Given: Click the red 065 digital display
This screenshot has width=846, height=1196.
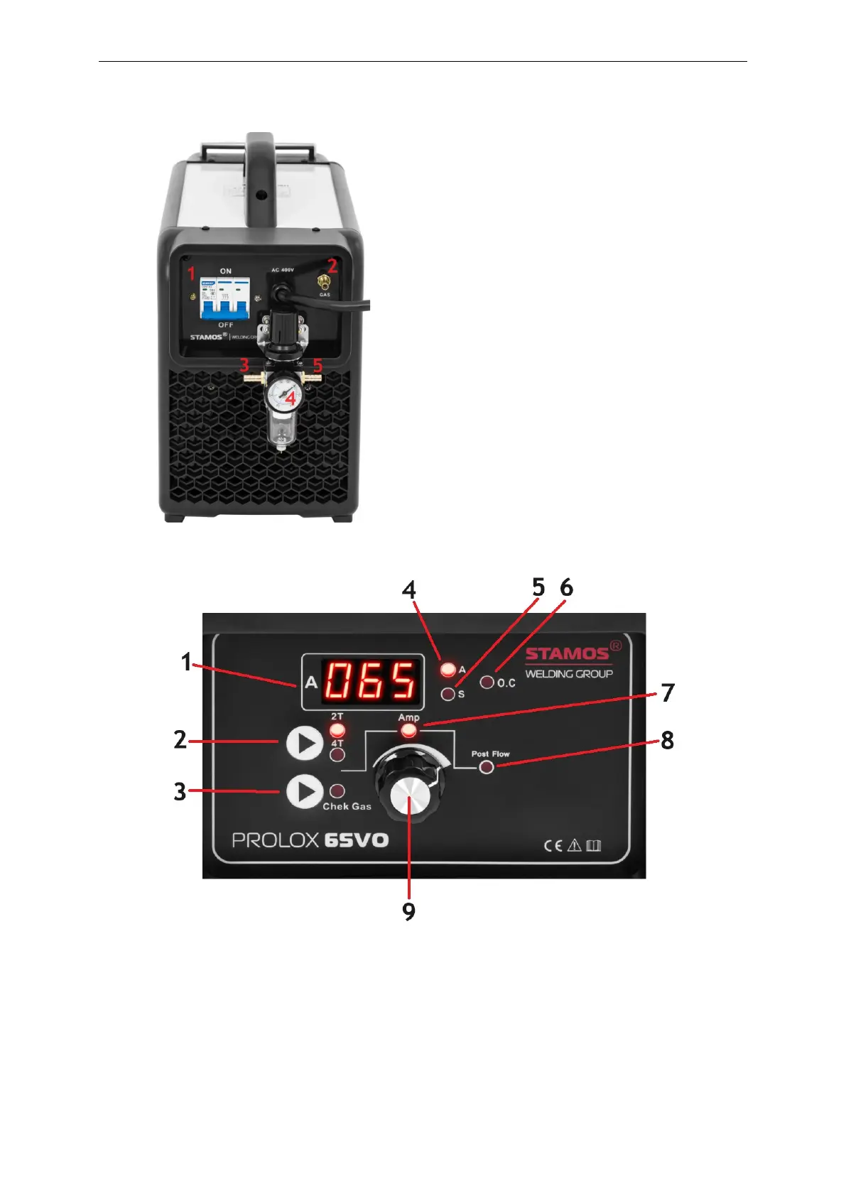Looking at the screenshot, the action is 369,680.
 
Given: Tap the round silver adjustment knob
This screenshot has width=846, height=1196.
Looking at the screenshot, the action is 411,795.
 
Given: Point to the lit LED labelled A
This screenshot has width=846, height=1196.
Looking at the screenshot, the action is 448,669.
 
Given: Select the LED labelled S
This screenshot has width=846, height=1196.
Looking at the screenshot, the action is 448,694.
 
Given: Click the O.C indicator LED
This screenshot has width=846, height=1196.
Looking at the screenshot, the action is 487,683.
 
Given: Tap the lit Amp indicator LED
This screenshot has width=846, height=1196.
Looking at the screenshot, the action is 408,732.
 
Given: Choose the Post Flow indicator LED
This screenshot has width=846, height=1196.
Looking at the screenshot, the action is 487,767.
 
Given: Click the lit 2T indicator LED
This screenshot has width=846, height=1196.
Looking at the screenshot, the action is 337,730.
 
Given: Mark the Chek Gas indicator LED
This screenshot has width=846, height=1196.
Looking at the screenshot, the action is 338,790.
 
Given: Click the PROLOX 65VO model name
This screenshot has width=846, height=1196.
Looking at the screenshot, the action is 310,840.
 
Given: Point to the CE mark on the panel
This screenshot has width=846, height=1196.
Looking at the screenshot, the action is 553,845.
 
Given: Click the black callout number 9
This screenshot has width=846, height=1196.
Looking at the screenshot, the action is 409,911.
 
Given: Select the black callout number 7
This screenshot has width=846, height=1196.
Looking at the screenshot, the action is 668,692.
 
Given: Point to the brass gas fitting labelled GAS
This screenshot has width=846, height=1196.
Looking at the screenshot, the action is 325,283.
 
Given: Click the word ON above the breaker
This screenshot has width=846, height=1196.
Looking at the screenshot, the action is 226,271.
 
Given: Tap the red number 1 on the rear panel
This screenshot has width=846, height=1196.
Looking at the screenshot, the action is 190,273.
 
